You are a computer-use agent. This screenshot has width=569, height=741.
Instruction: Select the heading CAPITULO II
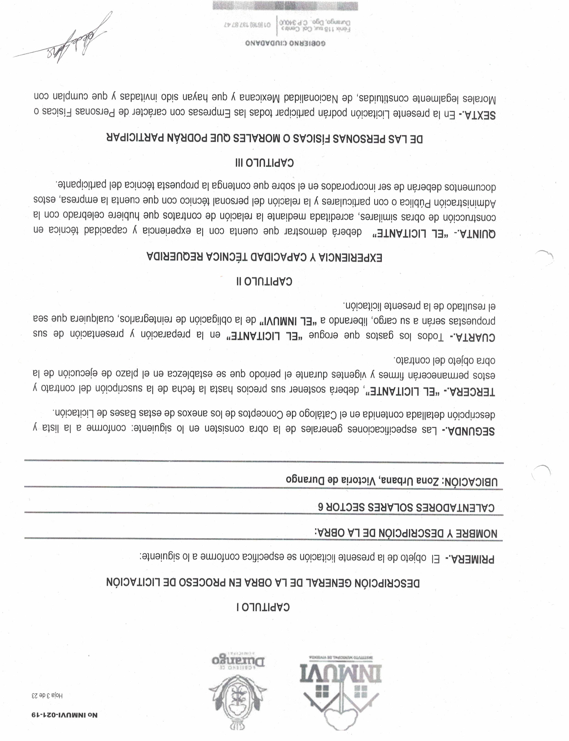[x=264, y=281]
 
